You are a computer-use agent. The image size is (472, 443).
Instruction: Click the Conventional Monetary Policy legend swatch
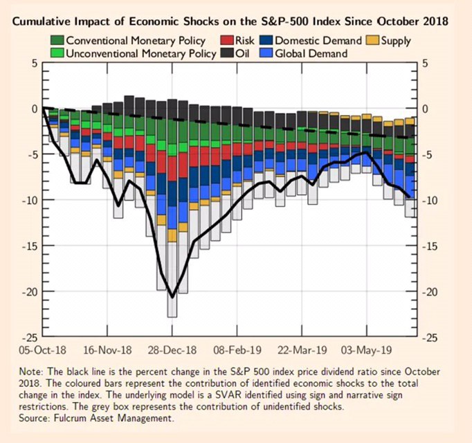57,41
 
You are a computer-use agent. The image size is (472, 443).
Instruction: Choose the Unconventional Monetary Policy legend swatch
57,53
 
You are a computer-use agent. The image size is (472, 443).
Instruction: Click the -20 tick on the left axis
27,291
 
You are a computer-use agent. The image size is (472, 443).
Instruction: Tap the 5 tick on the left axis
33,63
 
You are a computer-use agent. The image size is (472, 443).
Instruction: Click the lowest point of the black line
172,297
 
